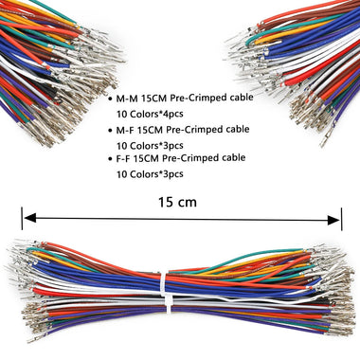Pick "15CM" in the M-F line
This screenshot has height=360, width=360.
[157, 129]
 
